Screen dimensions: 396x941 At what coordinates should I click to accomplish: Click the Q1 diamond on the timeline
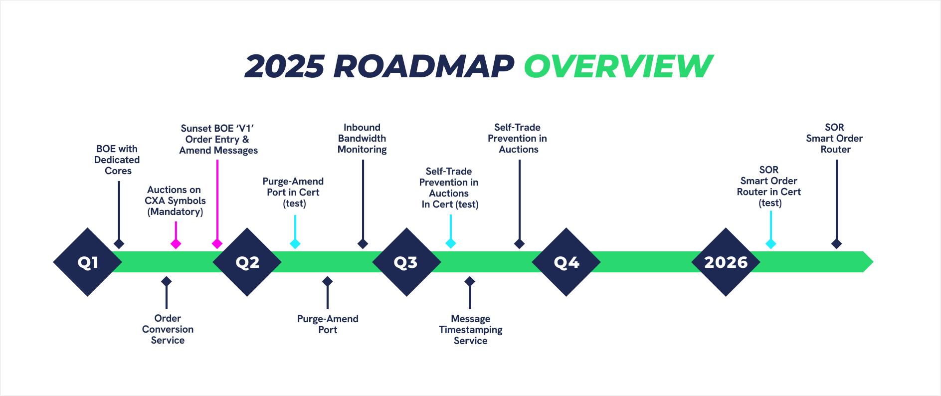(88, 262)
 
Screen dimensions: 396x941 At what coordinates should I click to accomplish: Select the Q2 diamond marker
(247, 262)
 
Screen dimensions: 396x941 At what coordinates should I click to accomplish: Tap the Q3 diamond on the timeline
(406, 262)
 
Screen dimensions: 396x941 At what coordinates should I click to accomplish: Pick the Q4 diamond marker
(566, 262)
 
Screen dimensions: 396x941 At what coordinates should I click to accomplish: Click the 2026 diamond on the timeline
(726, 262)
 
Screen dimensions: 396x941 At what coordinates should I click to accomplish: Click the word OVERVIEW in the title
(618, 66)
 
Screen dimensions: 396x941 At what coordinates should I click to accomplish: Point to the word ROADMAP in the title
(424, 66)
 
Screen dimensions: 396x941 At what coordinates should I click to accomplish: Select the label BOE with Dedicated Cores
(117, 160)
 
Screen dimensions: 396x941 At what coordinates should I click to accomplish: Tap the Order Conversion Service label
(168, 329)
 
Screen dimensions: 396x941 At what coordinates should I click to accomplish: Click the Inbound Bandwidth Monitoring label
(362, 138)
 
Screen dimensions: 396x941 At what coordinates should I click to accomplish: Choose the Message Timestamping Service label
(470, 330)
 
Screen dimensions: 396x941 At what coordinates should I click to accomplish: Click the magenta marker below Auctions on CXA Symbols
(176, 244)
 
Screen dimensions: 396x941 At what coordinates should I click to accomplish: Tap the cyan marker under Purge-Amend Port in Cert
(295, 244)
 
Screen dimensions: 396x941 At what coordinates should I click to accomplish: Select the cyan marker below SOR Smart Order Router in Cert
(771, 244)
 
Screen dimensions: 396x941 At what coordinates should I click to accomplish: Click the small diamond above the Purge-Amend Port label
(328, 282)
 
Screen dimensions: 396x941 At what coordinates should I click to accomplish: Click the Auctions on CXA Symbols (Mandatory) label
(175, 200)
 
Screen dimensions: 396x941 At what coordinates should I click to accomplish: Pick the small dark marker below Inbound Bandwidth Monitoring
(363, 244)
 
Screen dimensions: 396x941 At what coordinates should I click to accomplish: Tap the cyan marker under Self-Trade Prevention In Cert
(451, 243)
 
